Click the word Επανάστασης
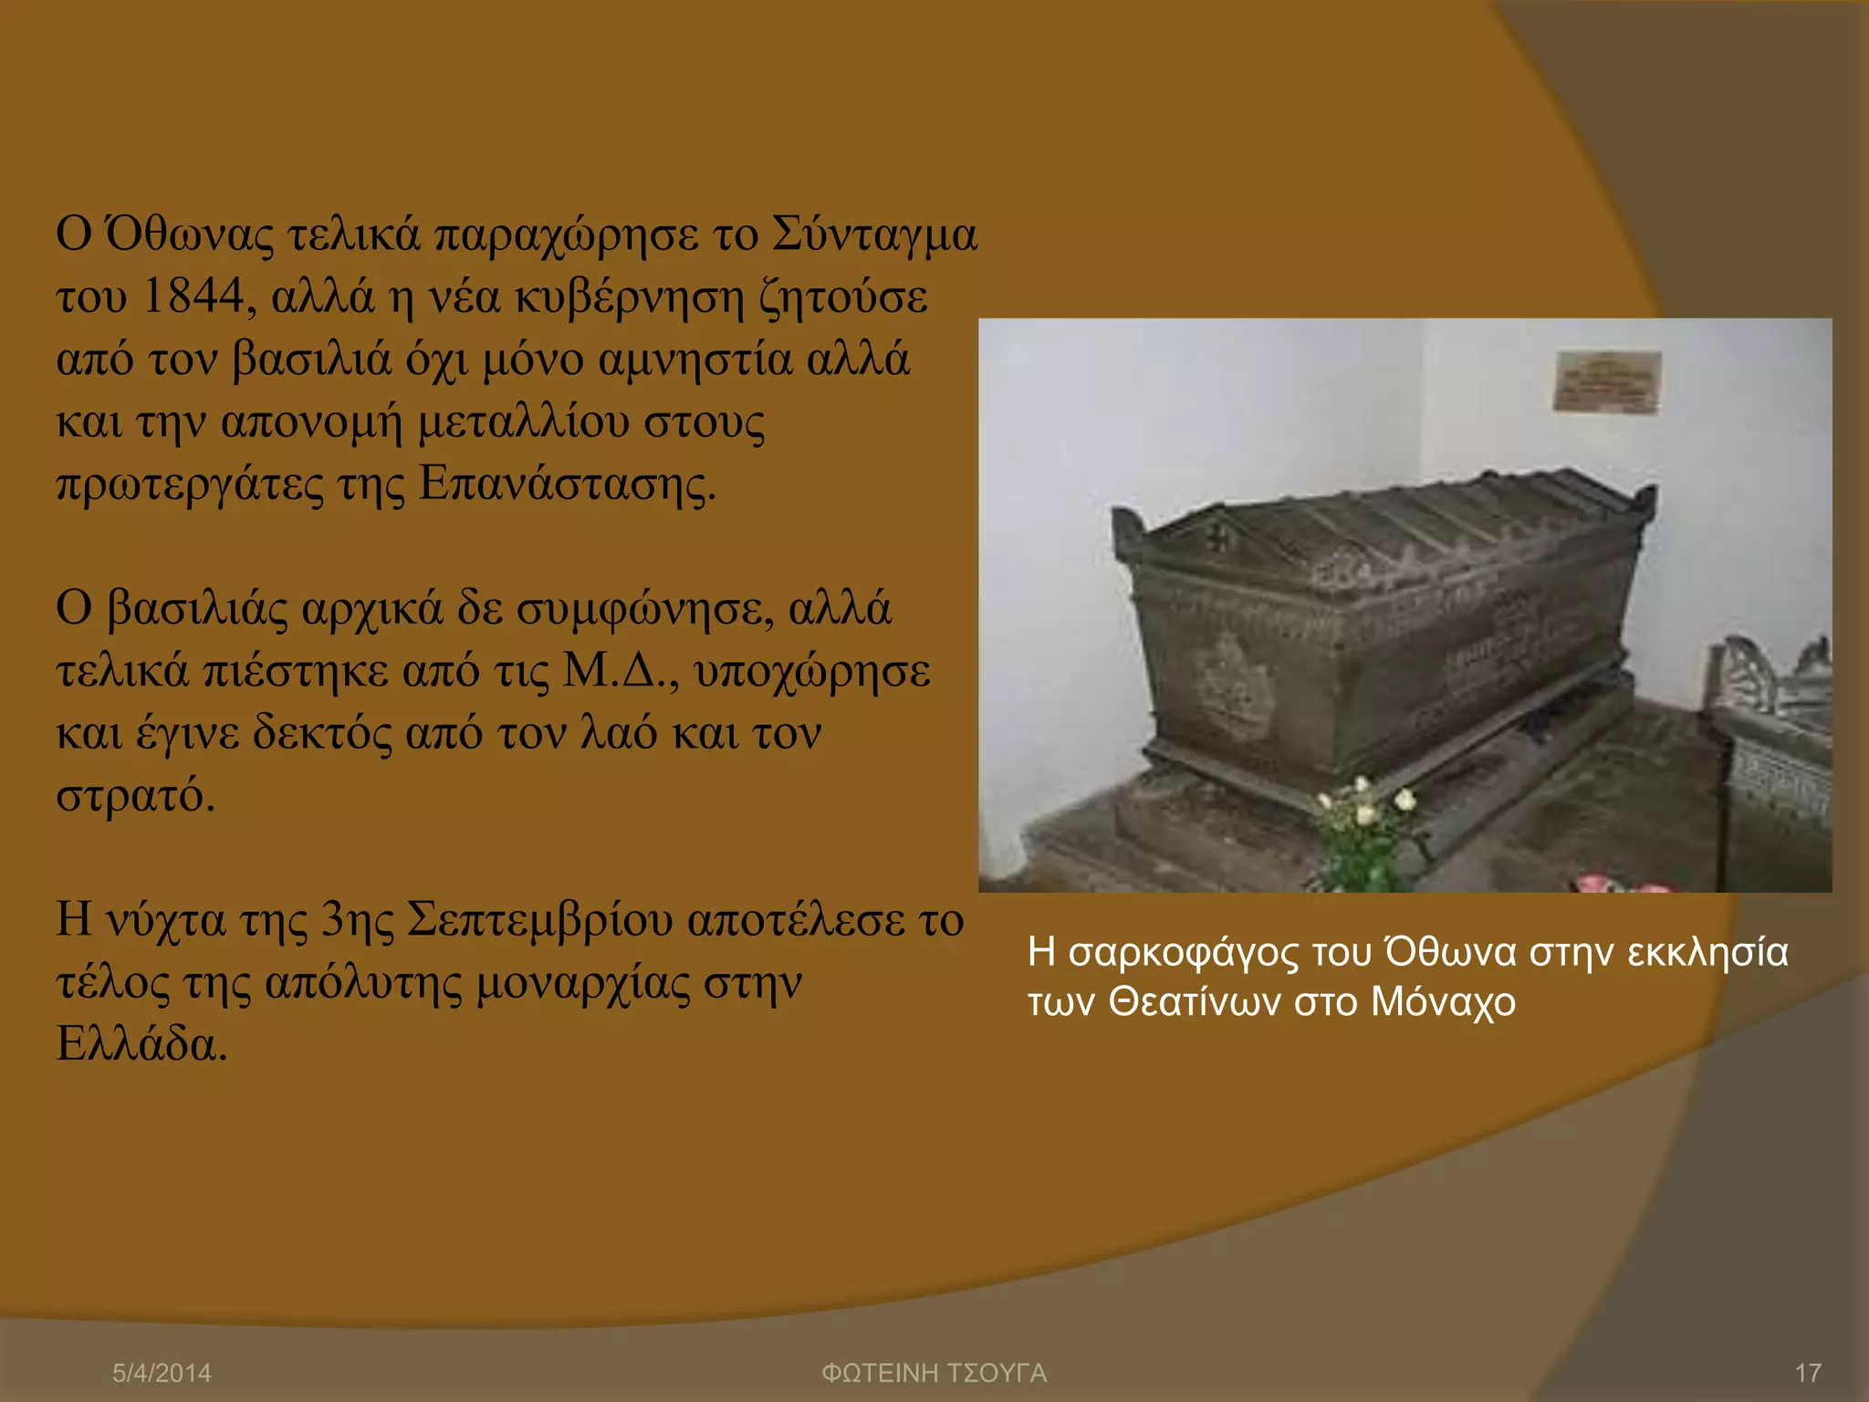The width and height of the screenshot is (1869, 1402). coord(566,485)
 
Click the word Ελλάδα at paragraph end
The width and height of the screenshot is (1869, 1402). coord(140,1044)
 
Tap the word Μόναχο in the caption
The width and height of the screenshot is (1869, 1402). coord(1442,1003)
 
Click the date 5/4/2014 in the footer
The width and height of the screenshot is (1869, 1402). coord(162,1373)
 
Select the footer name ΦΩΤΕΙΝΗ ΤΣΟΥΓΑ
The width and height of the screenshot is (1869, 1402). coord(934,1373)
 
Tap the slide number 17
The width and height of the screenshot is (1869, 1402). coord(1808,1373)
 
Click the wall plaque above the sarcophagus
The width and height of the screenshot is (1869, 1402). coord(1607,382)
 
